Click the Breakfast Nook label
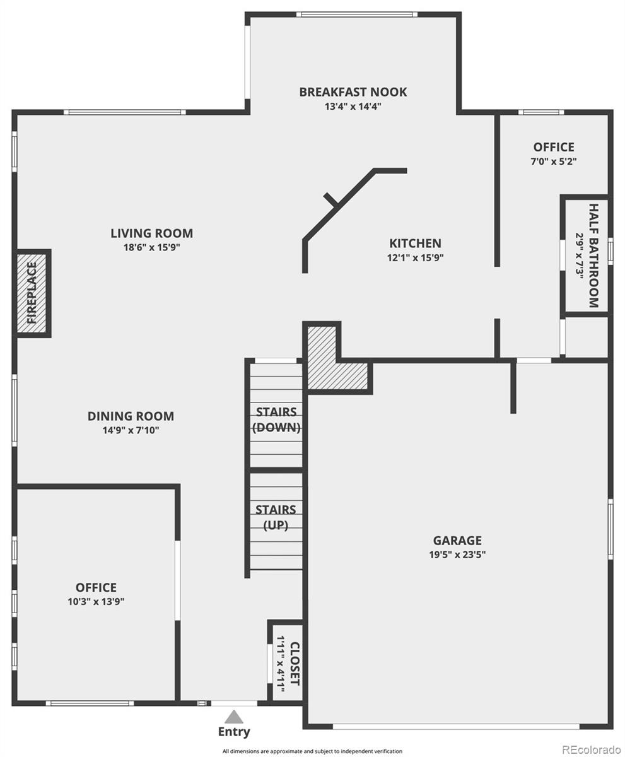click(x=353, y=92)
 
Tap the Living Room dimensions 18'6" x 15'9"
click(x=151, y=248)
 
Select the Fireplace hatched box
click(x=32, y=293)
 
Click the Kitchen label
click(x=415, y=243)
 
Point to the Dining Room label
click(x=131, y=416)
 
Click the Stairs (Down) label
click(x=276, y=420)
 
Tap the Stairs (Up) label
click(x=276, y=517)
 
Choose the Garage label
click(x=457, y=541)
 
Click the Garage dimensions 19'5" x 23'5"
click(x=457, y=555)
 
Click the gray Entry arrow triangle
click(x=234, y=717)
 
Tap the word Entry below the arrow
click(x=234, y=732)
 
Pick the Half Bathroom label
click(x=593, y=255)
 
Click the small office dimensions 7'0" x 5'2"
click(x=554, y=161)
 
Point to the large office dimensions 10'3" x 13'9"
click(x=96, y=602)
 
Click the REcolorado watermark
click(x=591, y=749)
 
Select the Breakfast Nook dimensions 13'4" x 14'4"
click(x=353, y=107)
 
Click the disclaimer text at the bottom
click(x=312, y=751)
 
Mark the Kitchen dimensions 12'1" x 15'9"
click(x=415, y=257)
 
